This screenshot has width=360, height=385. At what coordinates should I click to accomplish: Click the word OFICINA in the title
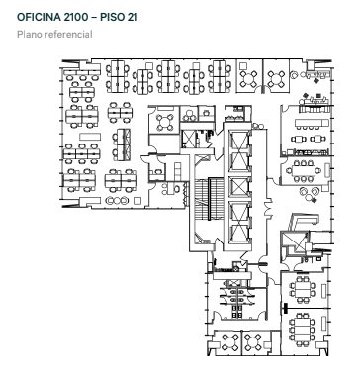point(38,17)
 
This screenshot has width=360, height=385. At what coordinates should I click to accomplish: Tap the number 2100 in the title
point(74,17)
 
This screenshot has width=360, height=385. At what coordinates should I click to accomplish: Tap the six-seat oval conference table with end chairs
point(304,170)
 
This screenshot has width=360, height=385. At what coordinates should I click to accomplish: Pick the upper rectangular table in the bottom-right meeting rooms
point(303,289)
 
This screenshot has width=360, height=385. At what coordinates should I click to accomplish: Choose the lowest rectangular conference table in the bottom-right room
point(303,330)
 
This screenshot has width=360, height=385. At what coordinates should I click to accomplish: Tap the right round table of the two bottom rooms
point(253,342)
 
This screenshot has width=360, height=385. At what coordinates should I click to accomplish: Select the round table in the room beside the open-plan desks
point(165,123)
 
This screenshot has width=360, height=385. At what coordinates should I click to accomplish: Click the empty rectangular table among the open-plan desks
point(90,137)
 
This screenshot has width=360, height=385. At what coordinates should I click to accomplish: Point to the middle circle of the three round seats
point(118,200)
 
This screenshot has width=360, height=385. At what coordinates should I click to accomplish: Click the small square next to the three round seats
point(137,200)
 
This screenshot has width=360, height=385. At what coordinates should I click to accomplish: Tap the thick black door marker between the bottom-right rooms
point(285,309)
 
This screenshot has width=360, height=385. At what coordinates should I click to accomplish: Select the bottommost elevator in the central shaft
point(239,234)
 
